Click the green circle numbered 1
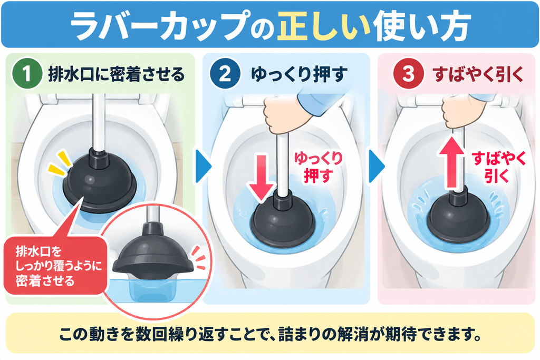27,74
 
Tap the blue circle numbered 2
225,74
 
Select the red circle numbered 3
409,74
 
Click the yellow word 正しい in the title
324,26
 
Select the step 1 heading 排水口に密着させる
117,74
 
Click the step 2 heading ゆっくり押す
298,74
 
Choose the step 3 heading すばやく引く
478,74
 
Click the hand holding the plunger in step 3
461,111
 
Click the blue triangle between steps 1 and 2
203,166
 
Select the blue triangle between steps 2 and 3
377,166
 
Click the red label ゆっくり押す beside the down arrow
318,167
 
